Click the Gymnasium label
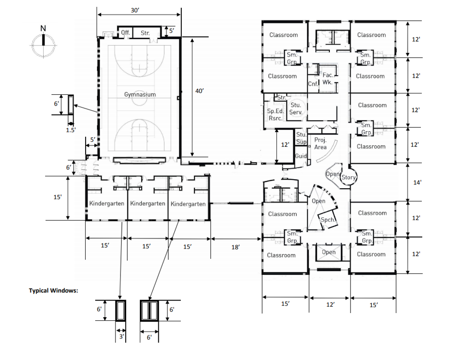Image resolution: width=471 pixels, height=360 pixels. [140, 94]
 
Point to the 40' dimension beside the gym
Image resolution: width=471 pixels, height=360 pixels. [199, 92]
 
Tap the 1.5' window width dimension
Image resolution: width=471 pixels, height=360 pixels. [70, 130]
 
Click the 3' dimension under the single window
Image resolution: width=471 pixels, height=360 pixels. [121, 337]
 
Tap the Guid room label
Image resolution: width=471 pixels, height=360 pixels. [301, 156]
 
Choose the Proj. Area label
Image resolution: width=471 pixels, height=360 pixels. [320, 143]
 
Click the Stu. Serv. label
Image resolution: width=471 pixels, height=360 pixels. [295, 109]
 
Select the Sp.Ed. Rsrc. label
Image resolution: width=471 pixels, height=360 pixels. [275, 115]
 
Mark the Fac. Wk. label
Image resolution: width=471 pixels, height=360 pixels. [327, 78]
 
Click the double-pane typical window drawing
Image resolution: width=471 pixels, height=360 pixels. [149, 311]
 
